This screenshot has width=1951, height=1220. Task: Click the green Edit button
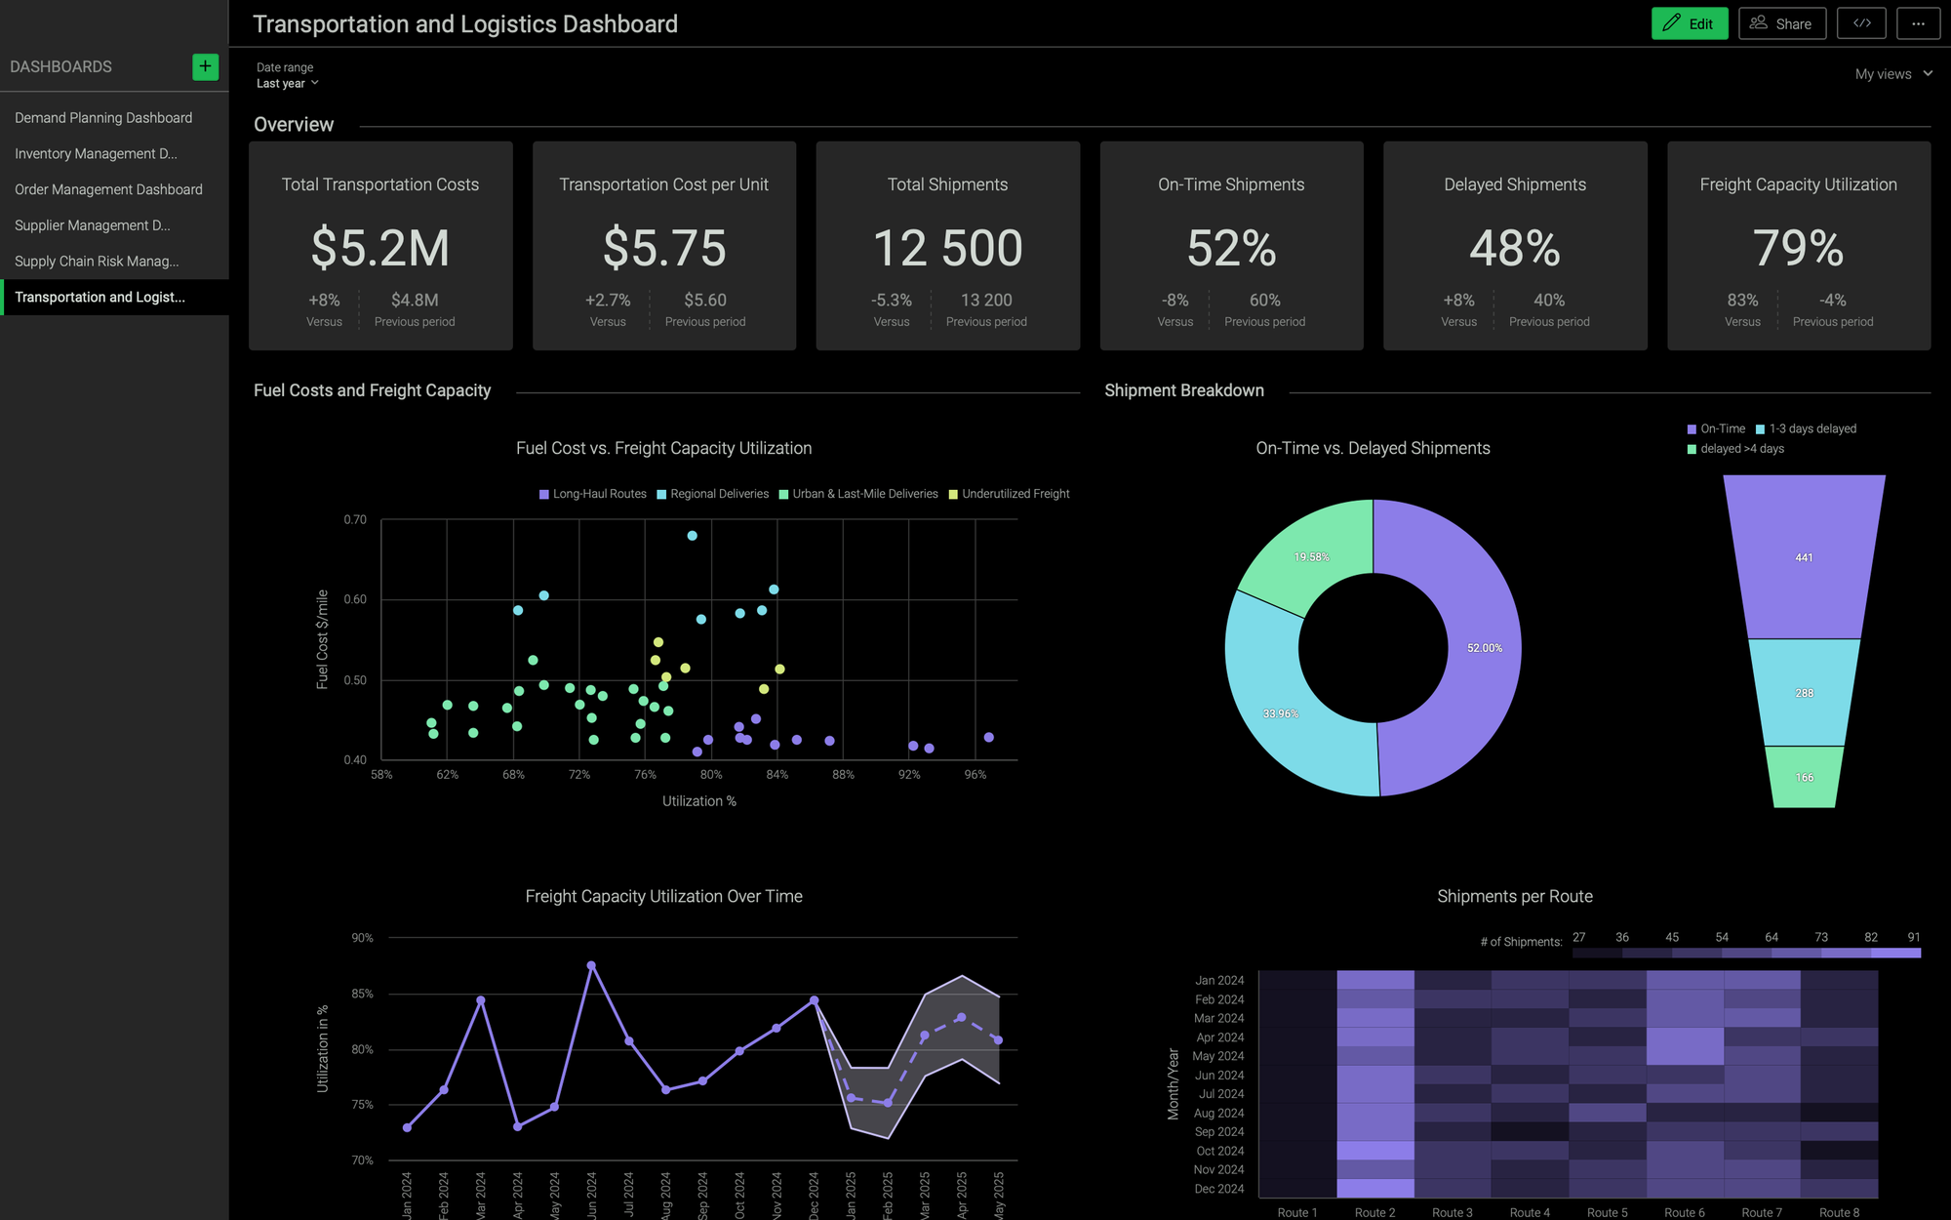point(1689,23)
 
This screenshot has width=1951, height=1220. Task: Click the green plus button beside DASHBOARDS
point(205,66)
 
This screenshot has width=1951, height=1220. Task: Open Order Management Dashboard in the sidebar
point(108,189)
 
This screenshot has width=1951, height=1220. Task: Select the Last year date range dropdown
point(287,84)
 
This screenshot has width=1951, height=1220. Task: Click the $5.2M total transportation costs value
point(380,248)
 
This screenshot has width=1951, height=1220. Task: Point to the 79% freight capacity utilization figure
point(1798,248)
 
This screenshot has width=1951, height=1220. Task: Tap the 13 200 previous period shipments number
point(985,300)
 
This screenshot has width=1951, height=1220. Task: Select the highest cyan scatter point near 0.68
point(692,536)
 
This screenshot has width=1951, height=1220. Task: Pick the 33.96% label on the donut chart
point(1280,713)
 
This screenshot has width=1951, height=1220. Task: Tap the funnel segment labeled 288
point(1804,693)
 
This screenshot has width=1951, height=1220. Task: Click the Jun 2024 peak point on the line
point(591,965)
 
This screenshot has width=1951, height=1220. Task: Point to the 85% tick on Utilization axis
point(362,994)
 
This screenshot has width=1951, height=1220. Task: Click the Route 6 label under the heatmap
point(1684,1212)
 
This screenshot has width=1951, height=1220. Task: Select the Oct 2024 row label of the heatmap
point(1219,1151)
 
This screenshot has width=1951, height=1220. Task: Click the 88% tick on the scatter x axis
point(843,775)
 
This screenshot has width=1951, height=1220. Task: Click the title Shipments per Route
point(1514,896)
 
